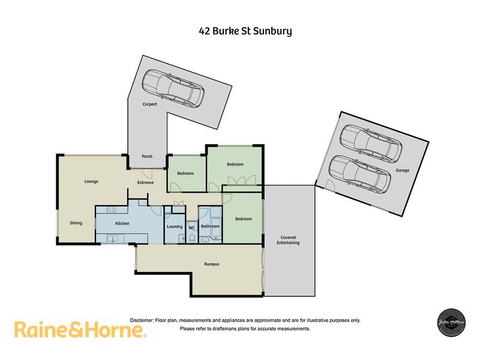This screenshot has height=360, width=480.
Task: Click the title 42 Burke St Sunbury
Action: (x=245, y=31)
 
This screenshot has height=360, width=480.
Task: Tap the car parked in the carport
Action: (x=173, y=88)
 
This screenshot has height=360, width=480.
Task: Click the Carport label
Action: (x=149, y=104)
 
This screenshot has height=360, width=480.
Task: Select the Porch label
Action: (x=147, y=157)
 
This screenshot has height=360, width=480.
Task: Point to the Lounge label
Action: (x=91, y=181)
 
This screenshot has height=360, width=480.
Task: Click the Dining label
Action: (x=76, y=223)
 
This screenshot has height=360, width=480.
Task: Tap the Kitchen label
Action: (x=122, y=223)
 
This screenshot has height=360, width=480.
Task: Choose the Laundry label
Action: (x=174, y=226)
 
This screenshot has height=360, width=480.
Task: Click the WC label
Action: (x=192, y=227)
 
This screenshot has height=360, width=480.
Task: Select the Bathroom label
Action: (x=210, y=226)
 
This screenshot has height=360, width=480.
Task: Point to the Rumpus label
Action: (x=211, y=264)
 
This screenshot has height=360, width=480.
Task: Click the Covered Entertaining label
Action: (x=288, y=240)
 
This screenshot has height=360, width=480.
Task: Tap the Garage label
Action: (x=402, y=170)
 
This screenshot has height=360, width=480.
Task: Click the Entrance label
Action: (x=145, y=182)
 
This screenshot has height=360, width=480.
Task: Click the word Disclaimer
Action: (x=142, y=320)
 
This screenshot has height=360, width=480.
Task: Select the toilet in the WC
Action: (x=192, y=238)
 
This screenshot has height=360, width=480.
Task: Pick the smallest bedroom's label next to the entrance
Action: (x=185, y=173)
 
